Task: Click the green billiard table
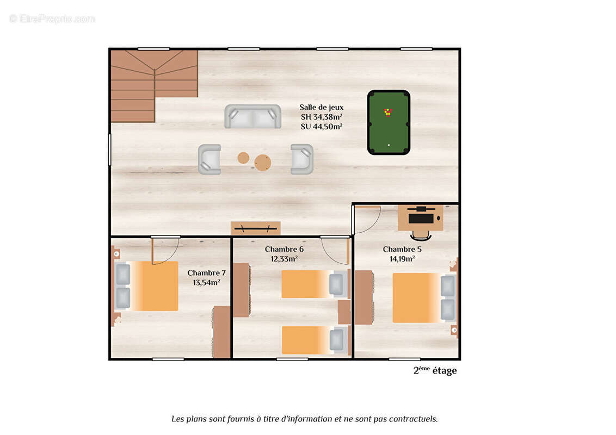click(389, 122)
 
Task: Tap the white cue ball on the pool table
click(389, 145)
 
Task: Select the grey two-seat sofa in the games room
click(252, 116)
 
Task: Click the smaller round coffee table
click(243, 158)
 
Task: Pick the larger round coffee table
click(262, 162)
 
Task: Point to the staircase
click(154, 85)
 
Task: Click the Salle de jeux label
click(322, 107)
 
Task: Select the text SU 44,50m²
click(322, 126)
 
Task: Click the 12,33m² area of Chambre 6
click(284, 259)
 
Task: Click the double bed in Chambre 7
click(146, 286)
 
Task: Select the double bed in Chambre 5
click(424, 297)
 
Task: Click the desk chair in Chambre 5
click(421, 235)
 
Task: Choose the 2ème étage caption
click(435, 370)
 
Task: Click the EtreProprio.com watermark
click(52, 18)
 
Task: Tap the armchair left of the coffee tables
click(209, 159)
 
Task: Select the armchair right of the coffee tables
click(301, 159)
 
